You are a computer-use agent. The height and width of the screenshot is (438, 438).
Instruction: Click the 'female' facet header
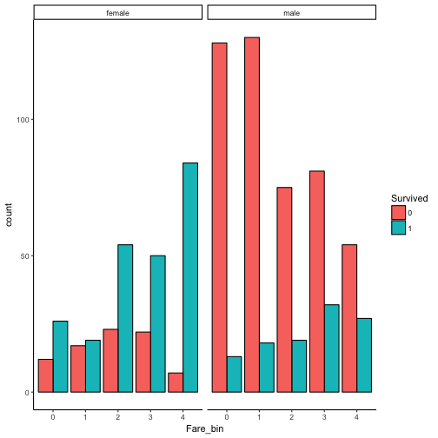pyautogui.click(x=117, y=13)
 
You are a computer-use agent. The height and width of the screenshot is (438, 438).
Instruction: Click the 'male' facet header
pyautogui.click(x=291, y=13)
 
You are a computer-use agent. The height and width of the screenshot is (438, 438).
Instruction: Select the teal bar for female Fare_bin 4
pyautogui.click(x=189, y=277)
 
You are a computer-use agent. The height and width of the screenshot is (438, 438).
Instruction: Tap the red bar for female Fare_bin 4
pyautogui.click(x=174, y=382)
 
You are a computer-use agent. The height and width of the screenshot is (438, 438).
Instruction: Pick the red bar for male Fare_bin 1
pyautogui.click(x=252, y=215)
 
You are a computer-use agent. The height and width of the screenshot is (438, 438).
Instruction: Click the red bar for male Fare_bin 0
pyautogui.click(x=219, y=217)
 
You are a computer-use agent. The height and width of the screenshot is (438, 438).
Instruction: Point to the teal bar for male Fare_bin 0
pyautogui.click(x=235, y=374)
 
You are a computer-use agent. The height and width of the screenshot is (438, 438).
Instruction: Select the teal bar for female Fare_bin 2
pyautogui.click(x=125, y=318)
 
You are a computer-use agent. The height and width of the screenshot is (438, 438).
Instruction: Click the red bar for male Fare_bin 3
pyautogui.click(x=316, y=282)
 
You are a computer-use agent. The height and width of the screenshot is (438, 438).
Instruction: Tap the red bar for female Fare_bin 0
pyautogui.click(x=45, y=375)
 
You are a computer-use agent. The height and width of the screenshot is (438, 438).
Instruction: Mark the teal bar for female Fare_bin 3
pyautogui.click(x=157, y=323)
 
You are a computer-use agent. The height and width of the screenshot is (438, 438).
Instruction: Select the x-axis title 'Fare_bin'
pyautogui.click(x=204, y=428)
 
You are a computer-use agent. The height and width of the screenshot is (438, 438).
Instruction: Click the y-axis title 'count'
pyautogui.click(x=10, y=218)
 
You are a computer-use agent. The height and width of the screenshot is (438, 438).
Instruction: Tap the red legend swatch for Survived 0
pyautogui.click(x=398, y=212)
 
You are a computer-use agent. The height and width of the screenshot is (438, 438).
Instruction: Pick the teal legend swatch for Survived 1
pyautogui.click(x=398, y=227)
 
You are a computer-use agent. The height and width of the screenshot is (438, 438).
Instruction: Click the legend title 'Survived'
pyautogui.click(x=408, y=198)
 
